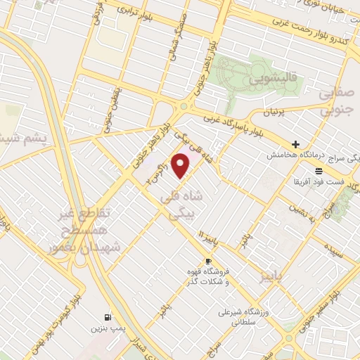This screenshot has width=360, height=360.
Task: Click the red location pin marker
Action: [x=181, y=165]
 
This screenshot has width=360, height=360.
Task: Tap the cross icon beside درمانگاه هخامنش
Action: [x=296, y=144]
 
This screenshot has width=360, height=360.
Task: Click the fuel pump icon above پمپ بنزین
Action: [x=107, y=316]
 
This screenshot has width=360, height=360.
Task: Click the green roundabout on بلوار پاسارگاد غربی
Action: [x=184, y=107]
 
